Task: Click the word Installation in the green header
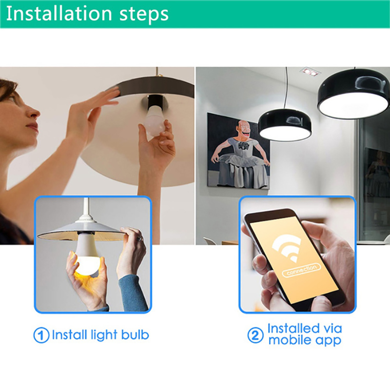(x=58, y=13)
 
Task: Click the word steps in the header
(x=144, y=15)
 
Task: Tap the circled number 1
(x=41, y=335)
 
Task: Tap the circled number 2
(x=255, y=335)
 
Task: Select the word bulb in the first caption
(x=135, y=334)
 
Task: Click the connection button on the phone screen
(x=301, y=270)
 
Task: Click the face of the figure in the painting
(x=243, y=129)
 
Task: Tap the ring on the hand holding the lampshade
(x=140, y=238)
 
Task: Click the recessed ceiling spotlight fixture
(x=310, y=71)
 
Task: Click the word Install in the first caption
(x=68, y=334)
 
